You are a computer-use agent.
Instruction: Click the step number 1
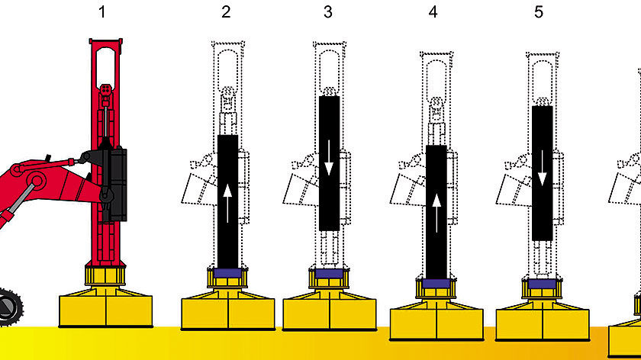[102, 12]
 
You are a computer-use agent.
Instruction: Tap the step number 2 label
[226, 12]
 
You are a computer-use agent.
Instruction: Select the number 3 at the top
[328, 12]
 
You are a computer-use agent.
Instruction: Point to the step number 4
[433, 12]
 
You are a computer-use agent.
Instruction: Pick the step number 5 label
[539, 12]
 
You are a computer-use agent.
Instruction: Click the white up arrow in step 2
[227, 204]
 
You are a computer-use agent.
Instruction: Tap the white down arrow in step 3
[329, 158]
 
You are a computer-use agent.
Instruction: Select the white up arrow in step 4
[436, 213]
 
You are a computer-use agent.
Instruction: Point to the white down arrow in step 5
[542, 168]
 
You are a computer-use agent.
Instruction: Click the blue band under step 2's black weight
[227, 273]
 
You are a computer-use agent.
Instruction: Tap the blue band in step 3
[329, 273]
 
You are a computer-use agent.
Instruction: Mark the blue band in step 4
[436, 284]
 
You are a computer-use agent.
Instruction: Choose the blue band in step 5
[542, 284]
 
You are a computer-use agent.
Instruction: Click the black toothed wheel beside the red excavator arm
[9, 307]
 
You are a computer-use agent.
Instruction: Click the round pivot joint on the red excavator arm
[37, 181]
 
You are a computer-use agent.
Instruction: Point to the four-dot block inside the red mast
[105, 89]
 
